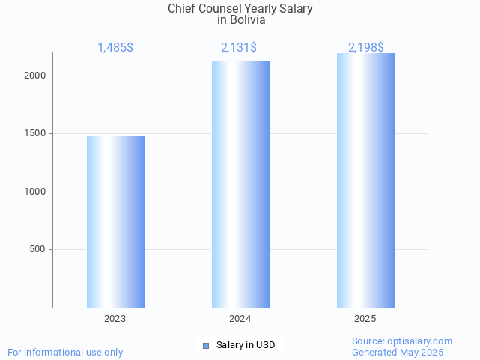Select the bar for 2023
[115, 222]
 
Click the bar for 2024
[240, 184]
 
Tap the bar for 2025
[365, 180]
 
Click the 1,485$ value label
[115, 48]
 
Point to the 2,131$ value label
[239, 48]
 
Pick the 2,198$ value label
[366, 48]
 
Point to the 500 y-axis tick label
[39, 249]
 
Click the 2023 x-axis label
[115, 319]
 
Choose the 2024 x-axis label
[240, 319]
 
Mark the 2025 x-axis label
[365, 319]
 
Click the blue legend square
[207, 345]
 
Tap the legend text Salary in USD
[246, 345]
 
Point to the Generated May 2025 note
[398, 353]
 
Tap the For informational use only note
[65, 353]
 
